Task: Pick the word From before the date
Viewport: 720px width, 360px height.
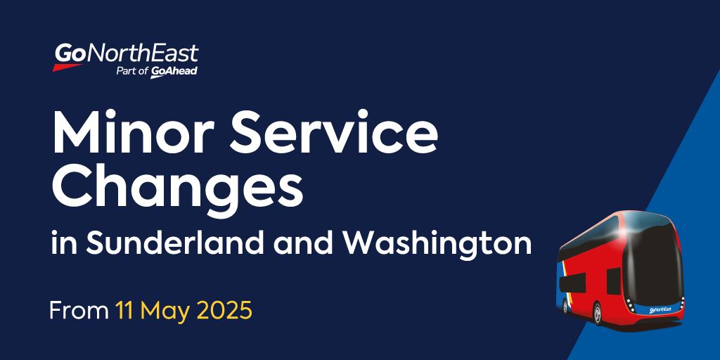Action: point(79,311)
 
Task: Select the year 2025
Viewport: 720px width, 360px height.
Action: point(224,311)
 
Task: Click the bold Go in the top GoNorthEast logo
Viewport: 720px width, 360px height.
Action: point(70,53)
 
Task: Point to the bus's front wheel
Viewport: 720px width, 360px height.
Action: point(597,314)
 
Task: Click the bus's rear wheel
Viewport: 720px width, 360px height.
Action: point(565,306)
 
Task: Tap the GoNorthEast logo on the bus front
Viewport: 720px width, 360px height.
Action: point(660,310)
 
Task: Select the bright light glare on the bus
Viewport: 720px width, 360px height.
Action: point(626,232)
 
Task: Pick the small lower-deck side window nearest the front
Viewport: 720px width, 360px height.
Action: point(614,281)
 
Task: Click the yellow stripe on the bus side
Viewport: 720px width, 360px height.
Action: point(563,276)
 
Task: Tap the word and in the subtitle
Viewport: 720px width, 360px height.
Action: point(299,244)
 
